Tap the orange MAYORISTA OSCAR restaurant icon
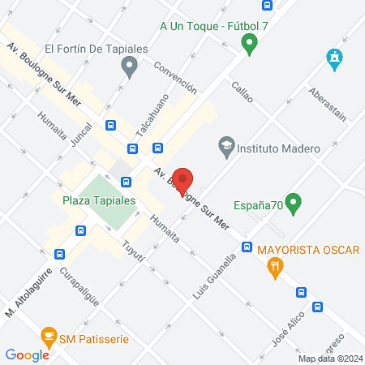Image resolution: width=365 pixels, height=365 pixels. [277, 266]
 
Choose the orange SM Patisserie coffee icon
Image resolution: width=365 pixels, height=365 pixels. [49, 337]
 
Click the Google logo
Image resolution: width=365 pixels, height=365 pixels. [27, 354]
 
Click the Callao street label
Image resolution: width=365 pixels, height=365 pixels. [243, 92]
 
